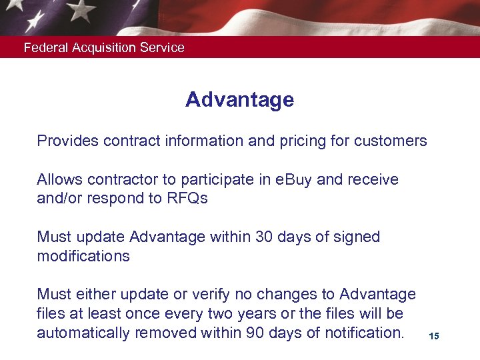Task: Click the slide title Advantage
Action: click(x=239, y=100)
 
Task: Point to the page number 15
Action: click(x=434, y=337)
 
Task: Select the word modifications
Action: click(x=83, y=257)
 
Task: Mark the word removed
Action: click(x=161, y=333)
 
